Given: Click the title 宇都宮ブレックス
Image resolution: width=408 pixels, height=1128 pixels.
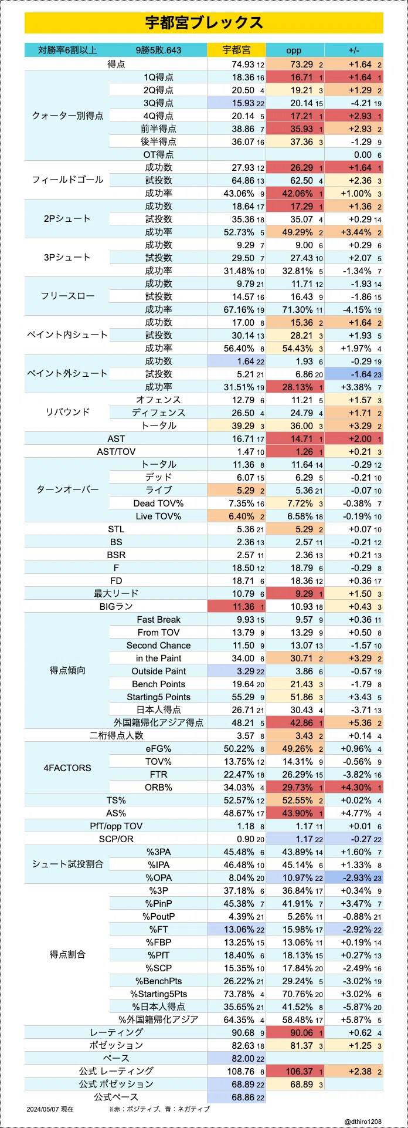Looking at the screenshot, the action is point(204,23).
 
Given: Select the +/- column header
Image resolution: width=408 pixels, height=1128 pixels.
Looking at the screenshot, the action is point(353,50).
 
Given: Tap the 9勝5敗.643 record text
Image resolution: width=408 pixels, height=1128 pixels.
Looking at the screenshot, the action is point(158,50).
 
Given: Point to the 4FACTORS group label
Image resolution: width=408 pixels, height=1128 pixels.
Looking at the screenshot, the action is point(67,768).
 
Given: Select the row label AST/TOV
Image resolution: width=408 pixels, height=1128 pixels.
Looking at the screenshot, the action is point(116,451).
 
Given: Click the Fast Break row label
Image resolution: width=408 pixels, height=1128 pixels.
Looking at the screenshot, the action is point(159,619).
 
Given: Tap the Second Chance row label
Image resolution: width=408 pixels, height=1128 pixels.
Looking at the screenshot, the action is point(158,645).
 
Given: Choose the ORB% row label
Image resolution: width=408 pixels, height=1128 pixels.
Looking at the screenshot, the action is point(158,787).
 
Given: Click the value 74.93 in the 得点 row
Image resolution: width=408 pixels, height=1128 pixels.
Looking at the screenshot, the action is point(243,64).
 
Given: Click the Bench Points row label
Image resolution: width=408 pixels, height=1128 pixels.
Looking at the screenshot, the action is point(158,684).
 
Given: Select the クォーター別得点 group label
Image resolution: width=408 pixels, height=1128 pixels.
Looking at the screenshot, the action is point(67,116).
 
